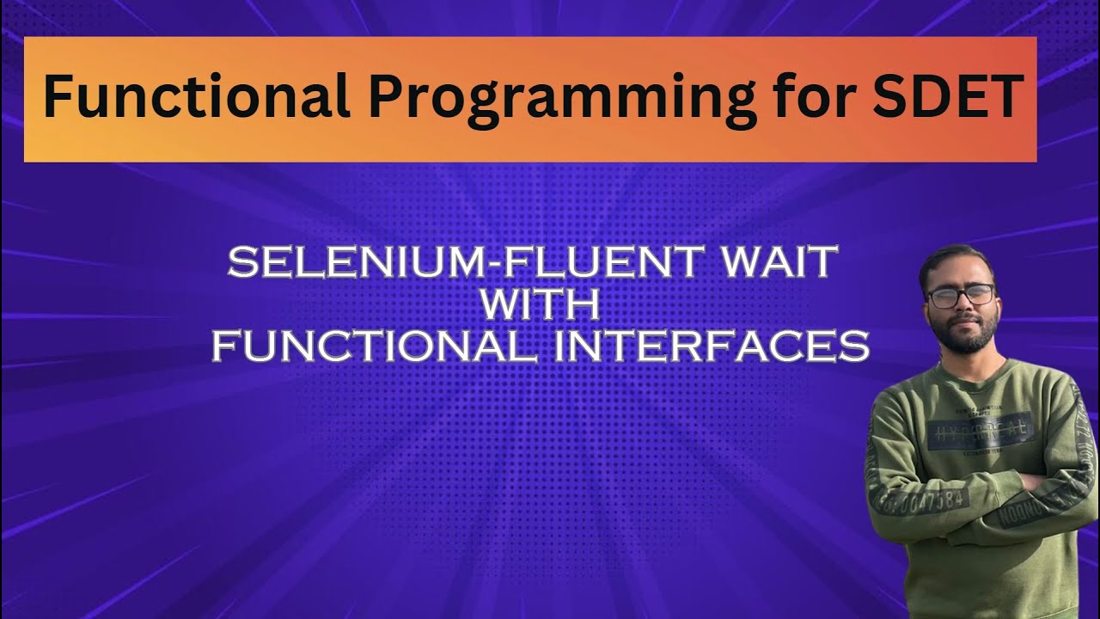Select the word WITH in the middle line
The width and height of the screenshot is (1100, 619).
pos(540,305)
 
